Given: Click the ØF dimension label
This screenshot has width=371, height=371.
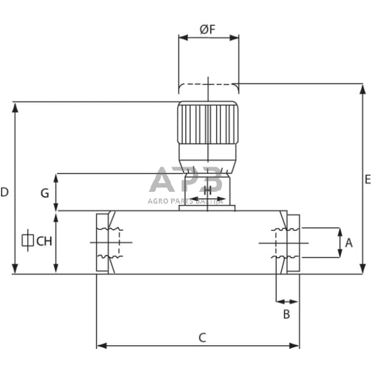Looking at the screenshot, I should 208,28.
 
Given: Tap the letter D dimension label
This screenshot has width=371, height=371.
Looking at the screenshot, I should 4,192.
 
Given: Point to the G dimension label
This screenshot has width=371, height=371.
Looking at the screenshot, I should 45,193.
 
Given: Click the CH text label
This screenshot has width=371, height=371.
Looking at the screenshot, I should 44,240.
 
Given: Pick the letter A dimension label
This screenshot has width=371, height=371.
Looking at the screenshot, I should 349,242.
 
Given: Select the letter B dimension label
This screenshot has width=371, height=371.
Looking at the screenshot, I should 286,314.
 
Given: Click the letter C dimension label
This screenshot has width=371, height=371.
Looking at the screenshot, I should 203,338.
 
